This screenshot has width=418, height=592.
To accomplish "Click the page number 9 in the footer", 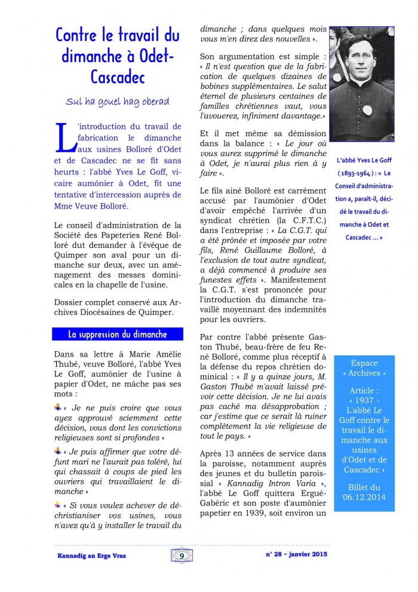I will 180,556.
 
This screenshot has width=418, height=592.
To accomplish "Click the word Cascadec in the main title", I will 118,76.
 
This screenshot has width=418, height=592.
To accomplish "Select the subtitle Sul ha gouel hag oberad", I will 117,102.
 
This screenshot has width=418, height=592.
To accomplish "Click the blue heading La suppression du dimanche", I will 117,335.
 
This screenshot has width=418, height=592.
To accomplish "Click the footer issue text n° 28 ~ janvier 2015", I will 297,554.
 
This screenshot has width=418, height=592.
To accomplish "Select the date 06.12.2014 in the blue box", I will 364,496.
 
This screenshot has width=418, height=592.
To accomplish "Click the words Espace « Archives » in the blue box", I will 364,368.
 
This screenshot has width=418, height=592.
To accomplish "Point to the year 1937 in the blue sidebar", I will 364,400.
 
